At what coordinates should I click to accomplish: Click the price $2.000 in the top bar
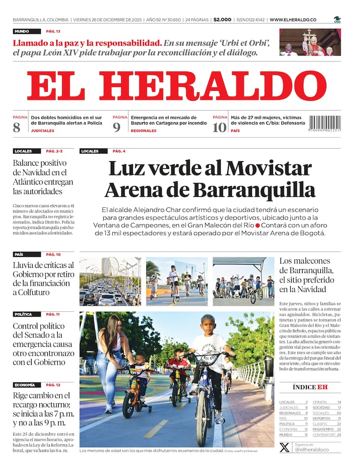pos(222,20)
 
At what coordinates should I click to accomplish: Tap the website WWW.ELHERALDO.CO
pos(293,20)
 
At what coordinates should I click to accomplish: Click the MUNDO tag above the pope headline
pos(22,31)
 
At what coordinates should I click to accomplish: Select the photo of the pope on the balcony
pos(310,42)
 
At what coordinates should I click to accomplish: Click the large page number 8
pos(17,127)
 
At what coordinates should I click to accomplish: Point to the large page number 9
pos(117,127)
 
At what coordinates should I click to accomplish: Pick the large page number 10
pos(219,127)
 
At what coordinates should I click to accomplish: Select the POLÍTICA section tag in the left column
pos(23,314)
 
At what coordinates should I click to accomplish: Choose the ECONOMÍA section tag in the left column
pos(24,385)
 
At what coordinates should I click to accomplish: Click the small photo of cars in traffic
pos(110,282)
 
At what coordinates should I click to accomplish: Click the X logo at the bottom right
pos(284,447)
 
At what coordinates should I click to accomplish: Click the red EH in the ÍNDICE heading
pos(323,387)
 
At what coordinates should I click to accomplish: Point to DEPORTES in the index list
pos(321,418)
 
